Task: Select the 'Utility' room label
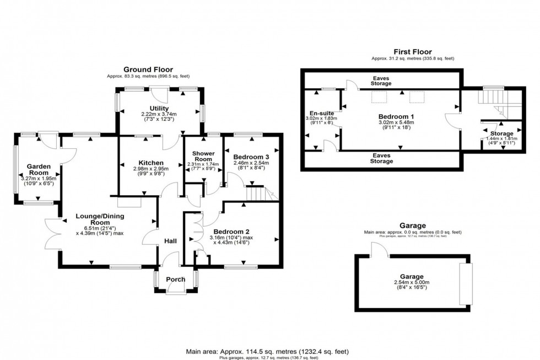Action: [159, 109]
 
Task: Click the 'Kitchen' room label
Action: [150, 163]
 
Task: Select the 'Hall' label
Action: [170, 241]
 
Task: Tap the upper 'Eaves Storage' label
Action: [381, 82]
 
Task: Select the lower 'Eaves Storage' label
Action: [381, 159]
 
